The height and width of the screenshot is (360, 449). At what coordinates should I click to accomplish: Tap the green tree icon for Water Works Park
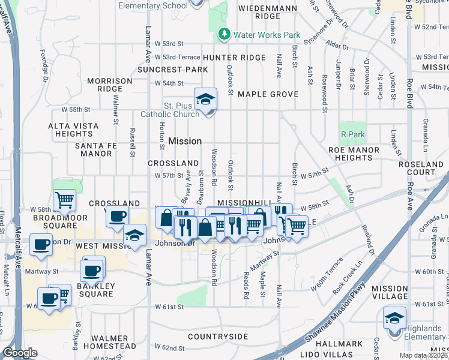point(224,34)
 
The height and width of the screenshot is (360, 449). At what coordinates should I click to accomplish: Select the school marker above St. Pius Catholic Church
point(205,99)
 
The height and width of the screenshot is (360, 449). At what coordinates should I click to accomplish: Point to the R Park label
point(352,134)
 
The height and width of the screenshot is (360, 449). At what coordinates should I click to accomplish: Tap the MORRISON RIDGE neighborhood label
point(110,85)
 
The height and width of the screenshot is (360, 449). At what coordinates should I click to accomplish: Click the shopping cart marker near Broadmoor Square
point(64,200)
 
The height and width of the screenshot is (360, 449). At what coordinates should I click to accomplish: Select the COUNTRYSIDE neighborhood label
point(218,337)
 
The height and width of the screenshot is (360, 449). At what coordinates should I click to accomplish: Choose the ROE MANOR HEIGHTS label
point(354,154)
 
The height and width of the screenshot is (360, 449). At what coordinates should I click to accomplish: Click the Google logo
point(20,353)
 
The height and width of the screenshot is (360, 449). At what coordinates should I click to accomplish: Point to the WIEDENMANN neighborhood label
point(268,8)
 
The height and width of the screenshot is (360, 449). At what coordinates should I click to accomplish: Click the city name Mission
point(185,141)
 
